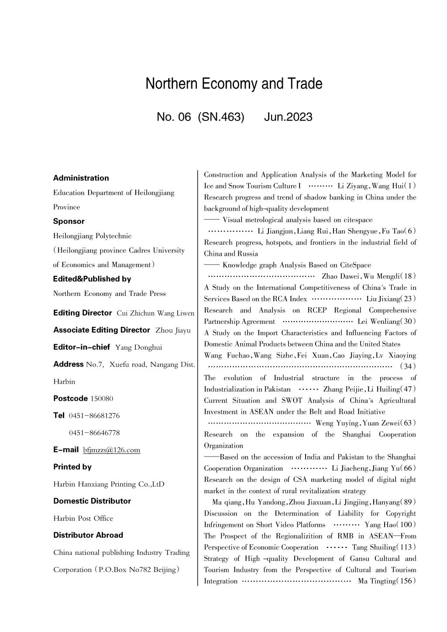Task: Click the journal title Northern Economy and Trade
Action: click(x=234, y=84)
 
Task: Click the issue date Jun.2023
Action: click(x=288, y=117)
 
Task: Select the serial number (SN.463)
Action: click(x=221, y=117)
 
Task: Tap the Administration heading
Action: click(x=81, y=178)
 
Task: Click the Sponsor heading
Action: click(x=69, y=221)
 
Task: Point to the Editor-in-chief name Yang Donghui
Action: click(x=138, y=347)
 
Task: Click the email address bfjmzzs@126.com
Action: click(x=112, y=450)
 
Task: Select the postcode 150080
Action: click(x=102, y=398)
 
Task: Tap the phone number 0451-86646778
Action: click(x=94, y=433)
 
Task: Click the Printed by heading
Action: click(x=72, y=467)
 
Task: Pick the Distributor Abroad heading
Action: click(x=88, y=535)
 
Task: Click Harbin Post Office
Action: click(x=83, y=519)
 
